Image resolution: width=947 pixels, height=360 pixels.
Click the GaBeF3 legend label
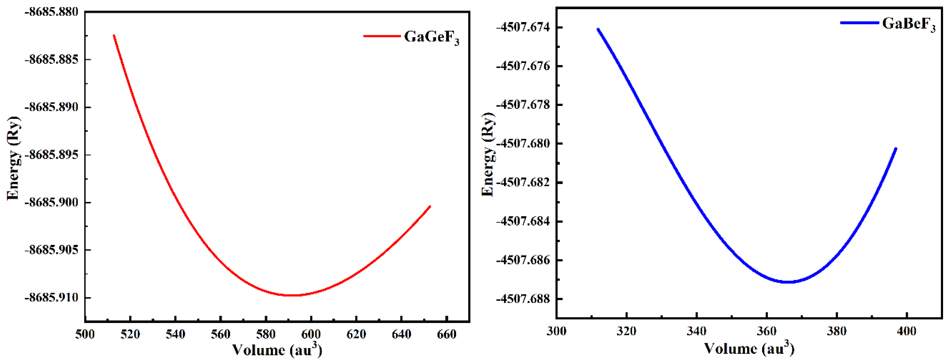[x=908, y=24]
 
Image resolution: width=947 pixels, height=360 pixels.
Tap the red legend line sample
[x=382, y=36]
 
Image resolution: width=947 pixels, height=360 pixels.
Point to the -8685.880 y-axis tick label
[x=51, y=12]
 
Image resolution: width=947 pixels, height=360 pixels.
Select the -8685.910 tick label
[x=51, y=297]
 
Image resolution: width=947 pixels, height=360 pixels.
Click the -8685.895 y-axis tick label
[x=51, y=155]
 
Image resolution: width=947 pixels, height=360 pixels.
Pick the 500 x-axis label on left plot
[x=85, y=334]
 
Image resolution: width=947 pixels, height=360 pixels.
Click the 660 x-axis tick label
[x=447, y=334]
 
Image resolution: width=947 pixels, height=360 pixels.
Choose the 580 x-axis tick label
[x=266, y=334]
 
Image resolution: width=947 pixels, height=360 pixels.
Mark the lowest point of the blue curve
[x=788, y=282]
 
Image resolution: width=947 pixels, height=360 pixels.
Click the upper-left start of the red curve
[x=114, y=35]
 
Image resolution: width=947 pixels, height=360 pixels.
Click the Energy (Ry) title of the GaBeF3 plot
[x=488, y=155]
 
